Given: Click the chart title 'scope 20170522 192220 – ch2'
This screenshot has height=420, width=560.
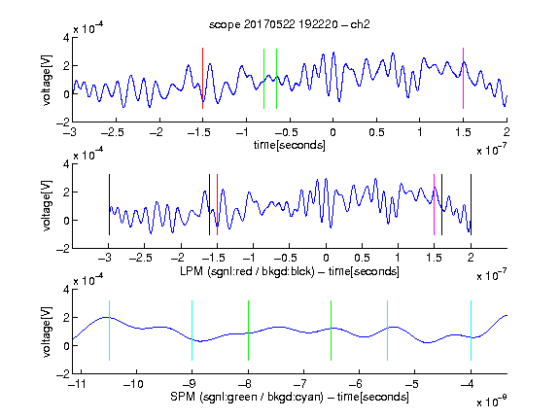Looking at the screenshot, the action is (290, 24).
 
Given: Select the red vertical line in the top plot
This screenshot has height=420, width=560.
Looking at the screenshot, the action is (202, 78).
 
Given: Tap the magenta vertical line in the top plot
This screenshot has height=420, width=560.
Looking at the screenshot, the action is (463, 78).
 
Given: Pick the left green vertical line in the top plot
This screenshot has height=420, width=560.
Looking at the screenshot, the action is (263, 79).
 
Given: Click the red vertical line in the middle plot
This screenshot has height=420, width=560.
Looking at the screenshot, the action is (217, 204).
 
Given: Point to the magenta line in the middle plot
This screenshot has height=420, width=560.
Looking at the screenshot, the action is (434, 204).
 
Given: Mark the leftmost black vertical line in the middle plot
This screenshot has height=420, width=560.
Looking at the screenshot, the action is (109, 204).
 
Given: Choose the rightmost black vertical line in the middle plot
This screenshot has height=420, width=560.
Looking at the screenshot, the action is (471, 204).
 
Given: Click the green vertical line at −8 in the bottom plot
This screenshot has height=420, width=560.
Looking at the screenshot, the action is (248, 331).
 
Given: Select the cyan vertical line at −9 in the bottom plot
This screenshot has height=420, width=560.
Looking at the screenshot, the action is (192, 331).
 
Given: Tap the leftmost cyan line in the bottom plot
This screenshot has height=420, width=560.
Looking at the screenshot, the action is (109, 331).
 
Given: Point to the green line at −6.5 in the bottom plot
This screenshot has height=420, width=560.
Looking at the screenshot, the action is (332, 331).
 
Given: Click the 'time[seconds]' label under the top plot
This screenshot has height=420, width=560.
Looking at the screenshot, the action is (290, 145).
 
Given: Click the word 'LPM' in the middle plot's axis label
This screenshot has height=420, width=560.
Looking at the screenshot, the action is (192, 271).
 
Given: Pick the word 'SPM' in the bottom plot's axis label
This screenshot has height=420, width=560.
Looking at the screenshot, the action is (183, 397).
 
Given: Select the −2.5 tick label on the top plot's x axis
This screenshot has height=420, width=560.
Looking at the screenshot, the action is (113, 132).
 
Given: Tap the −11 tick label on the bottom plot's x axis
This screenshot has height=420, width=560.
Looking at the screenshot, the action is (77, 384).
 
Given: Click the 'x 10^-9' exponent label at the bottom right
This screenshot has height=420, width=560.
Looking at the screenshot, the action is (491, 402).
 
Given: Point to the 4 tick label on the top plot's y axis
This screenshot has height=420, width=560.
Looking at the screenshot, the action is (66, 38).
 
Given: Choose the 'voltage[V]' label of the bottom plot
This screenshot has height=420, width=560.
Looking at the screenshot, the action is (47, 332).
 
